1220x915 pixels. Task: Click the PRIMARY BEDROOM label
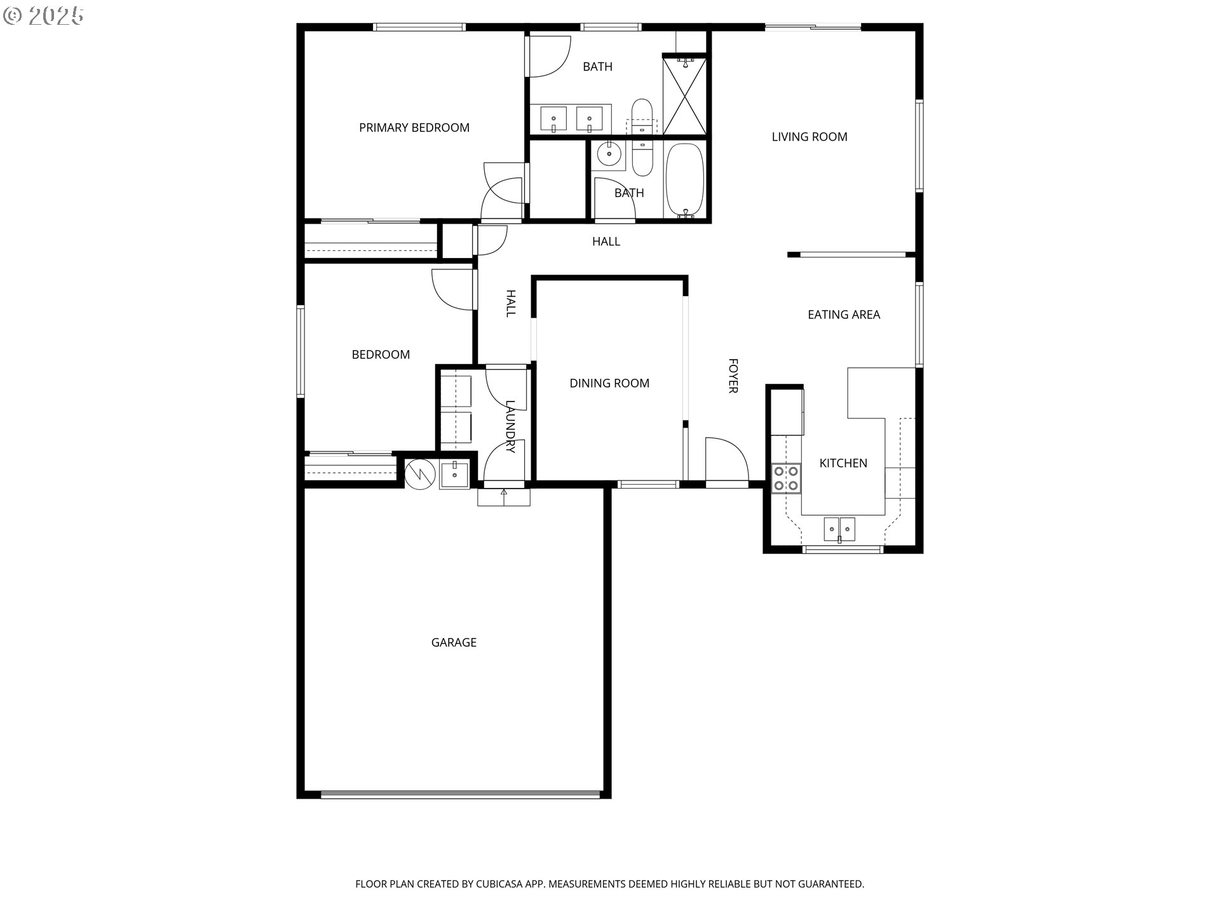(414, 128)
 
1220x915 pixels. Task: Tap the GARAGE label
(454, 642)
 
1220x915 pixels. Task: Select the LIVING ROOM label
(810, 137)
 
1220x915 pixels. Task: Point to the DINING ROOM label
(609, 383)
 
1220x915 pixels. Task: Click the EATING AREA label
(844, 315)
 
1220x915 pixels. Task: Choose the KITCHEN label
(843, 463)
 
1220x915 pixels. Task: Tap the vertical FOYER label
(733, 376)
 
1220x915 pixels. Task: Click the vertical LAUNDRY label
(510, 426)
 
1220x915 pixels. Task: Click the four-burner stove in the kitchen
(786, 478)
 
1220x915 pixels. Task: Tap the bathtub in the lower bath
(685, 180)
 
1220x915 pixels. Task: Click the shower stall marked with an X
(685, 95)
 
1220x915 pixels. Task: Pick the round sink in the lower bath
(609, 153)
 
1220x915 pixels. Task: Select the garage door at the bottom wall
(461, 794)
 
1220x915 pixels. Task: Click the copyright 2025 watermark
(43, 16)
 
